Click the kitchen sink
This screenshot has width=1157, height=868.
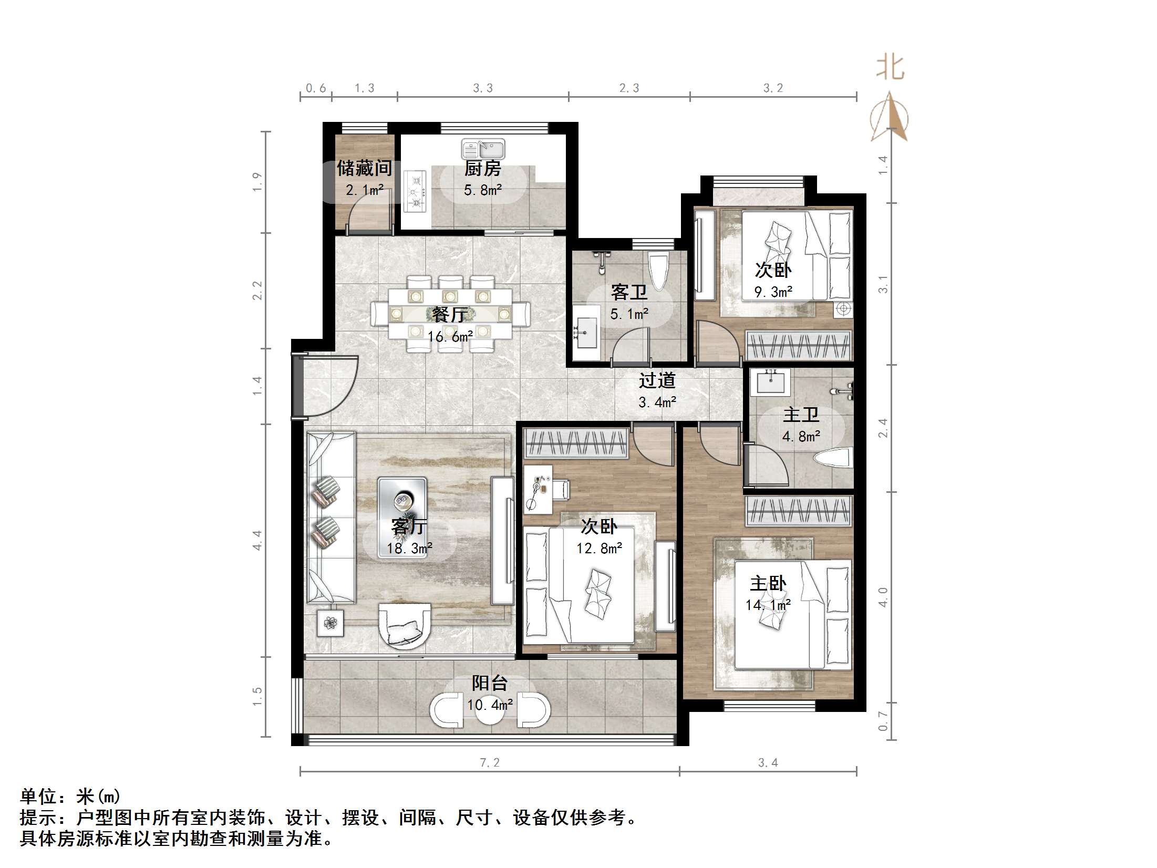(x=483, y=149)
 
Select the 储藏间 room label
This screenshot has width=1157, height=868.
(x=364, y=168)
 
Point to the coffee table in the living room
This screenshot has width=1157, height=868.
(x=402, y=517)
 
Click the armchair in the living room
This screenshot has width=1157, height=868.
(x=405, y=626)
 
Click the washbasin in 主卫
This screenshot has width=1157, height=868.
(x=770, y=382)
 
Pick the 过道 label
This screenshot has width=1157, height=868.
(x=657, y=380)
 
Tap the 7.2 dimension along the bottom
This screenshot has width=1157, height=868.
(x=490, y=762)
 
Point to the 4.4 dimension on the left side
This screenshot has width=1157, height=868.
(x=257, y=540)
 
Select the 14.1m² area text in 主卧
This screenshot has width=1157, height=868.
(x=768, y=606)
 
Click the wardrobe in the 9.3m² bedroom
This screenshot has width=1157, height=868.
(x=798, y=346)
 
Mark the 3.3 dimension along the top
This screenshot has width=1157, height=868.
(x=482, y=88)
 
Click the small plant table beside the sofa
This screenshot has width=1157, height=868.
(x=330, y=623)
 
